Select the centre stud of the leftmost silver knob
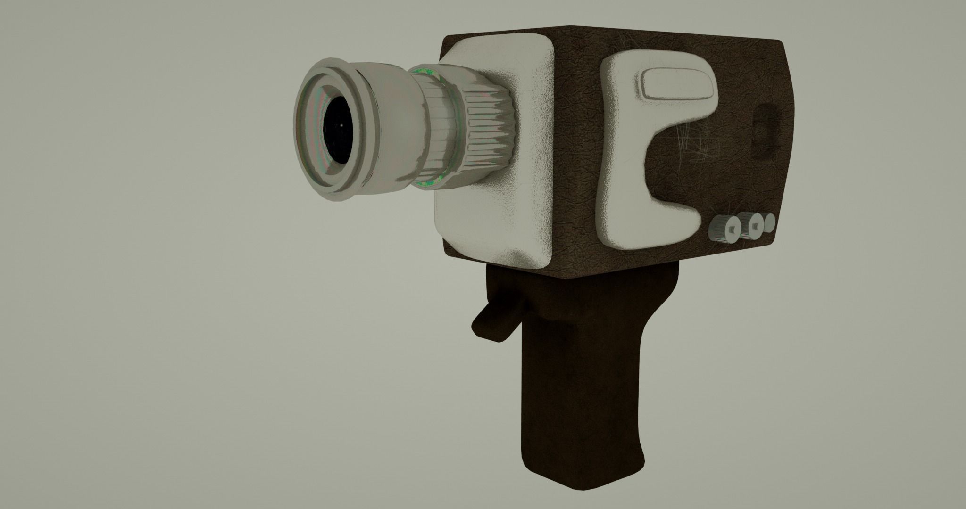pyautogui.click(x=731, y=229)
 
